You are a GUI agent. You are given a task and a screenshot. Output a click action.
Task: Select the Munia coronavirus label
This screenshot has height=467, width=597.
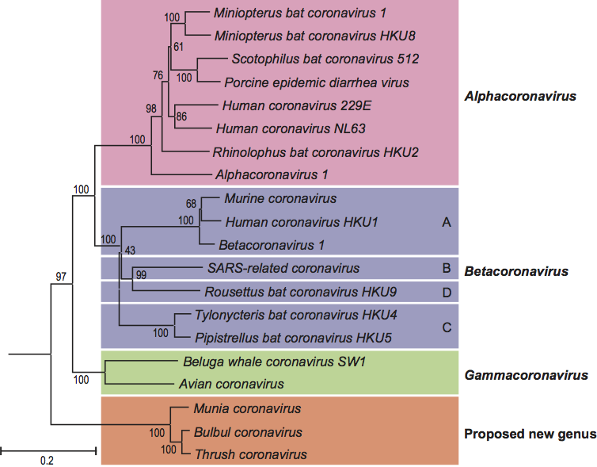click(x=247, y=408)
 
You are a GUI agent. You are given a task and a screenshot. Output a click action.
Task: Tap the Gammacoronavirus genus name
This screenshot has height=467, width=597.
click(x=525, y=374)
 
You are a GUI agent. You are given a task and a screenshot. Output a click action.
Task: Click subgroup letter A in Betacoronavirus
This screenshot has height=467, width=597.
click(x=447, y=223)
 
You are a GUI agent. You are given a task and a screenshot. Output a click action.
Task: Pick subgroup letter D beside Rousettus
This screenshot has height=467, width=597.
click(x=447, y=292)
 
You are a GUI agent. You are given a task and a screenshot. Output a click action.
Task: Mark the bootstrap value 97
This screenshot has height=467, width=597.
click(x=63, y=274)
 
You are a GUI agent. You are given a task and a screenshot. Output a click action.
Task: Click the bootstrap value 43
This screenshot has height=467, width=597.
click(x=131, y=251)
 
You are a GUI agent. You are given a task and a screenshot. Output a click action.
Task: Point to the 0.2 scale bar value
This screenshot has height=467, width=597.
click(x=48, y=459)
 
